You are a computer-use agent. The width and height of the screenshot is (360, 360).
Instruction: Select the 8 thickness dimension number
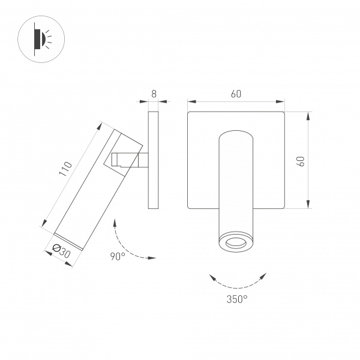click(154, 94)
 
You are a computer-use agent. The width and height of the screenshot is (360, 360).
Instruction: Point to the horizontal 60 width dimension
click(236, 94)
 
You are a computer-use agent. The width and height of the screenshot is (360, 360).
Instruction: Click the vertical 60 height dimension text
click(301, 161)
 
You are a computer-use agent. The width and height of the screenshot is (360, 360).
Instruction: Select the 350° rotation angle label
click(238, 298)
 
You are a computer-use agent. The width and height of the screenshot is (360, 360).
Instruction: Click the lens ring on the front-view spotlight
click(236, 242)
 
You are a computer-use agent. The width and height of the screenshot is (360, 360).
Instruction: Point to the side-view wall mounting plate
click(153, 160)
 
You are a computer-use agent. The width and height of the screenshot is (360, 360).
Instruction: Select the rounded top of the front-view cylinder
click(236, 134)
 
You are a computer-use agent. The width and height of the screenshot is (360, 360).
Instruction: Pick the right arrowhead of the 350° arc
click(263, 275)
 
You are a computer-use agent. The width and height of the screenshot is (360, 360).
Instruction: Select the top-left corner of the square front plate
click(189, 113)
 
